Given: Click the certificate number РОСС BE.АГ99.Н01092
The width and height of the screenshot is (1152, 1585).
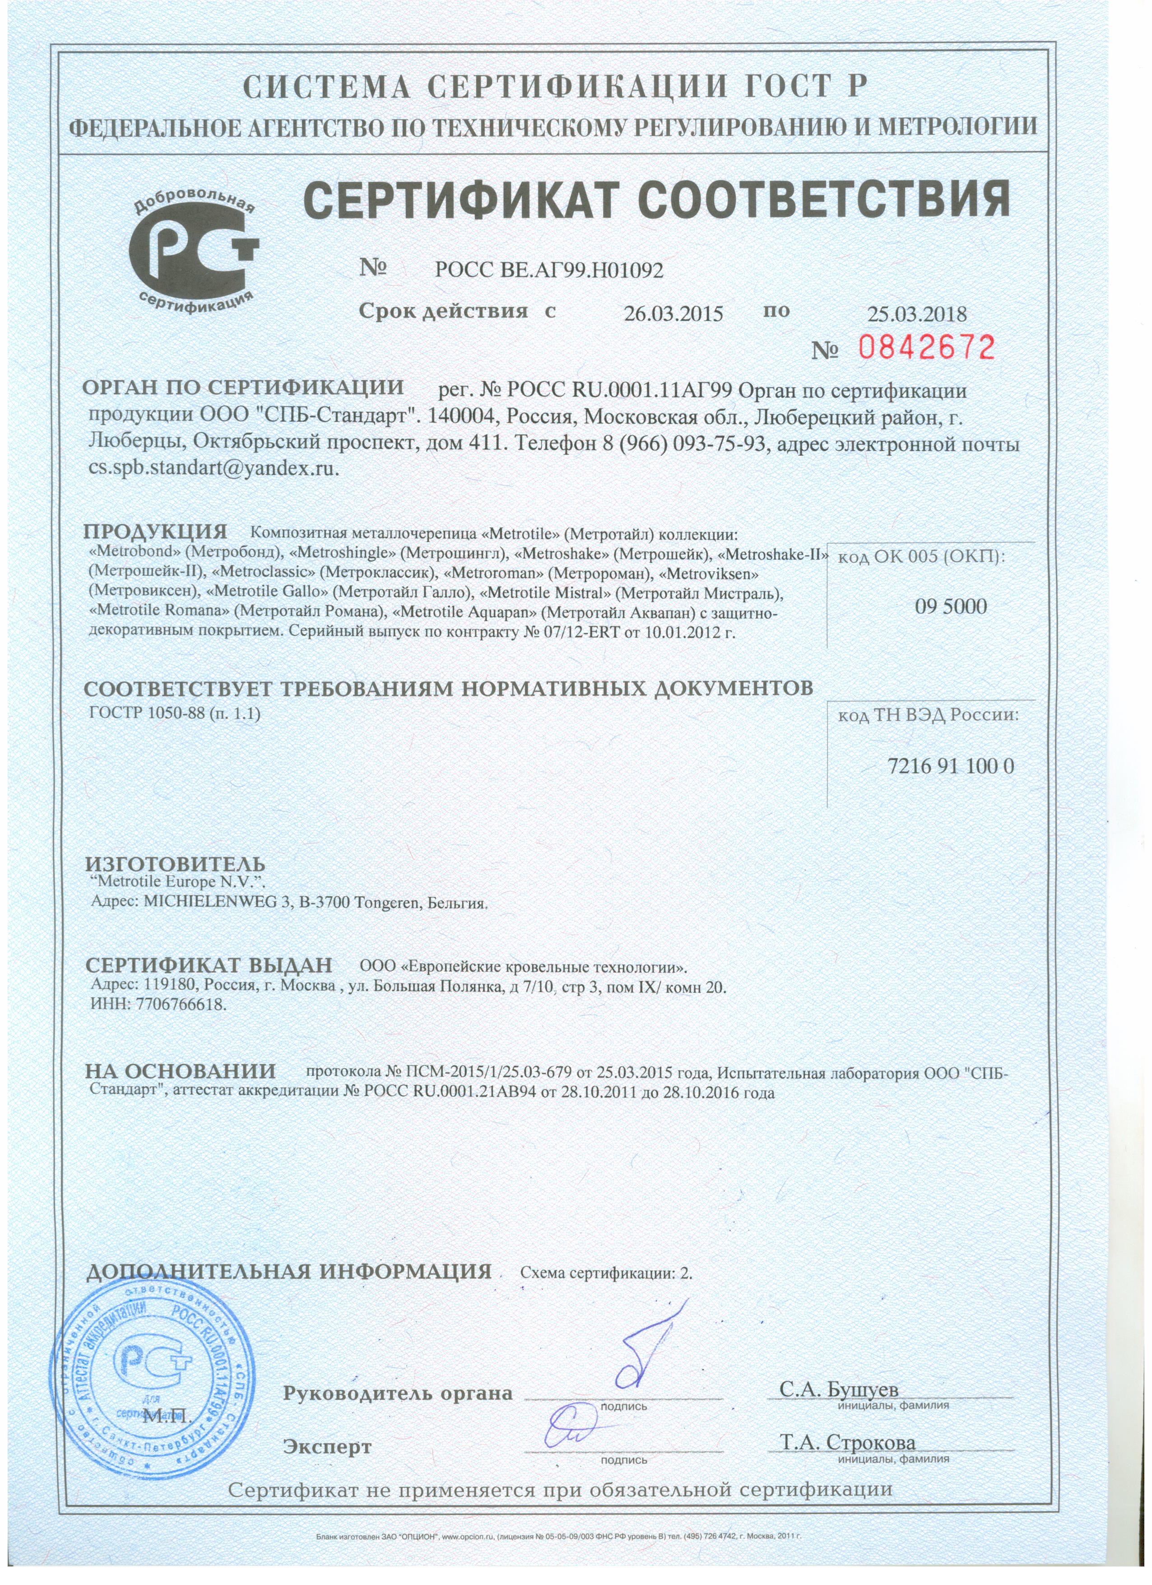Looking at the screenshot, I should (x=548, y=270).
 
